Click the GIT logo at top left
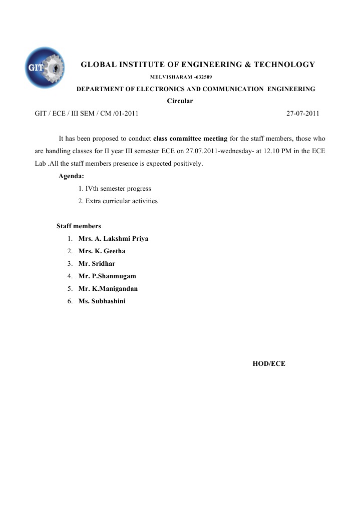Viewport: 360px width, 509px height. tap(45, 68)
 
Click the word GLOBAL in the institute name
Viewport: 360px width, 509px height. tap(98, 65)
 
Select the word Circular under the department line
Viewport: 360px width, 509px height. tap(180, 101)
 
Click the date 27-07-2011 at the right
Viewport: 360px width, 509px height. tap(302, 114)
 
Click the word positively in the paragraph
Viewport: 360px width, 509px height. tap(187, 164)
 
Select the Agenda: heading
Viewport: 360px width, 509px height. tap(71, 176)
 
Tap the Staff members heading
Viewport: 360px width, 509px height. tap(79, 226)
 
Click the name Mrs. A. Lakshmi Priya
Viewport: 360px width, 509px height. tap(113, 239)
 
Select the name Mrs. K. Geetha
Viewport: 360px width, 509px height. tap(102, 251)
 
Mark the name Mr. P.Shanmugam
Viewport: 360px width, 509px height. tap(107, 276)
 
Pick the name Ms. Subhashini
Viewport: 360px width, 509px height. tap(102, 301)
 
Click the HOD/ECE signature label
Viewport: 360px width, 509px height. tap(269, 364)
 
